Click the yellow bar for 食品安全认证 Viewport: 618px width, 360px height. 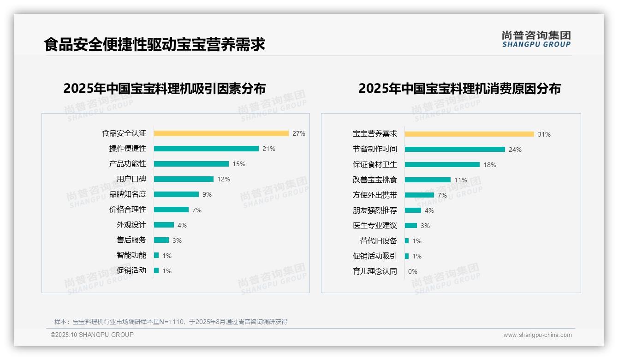[221, 133]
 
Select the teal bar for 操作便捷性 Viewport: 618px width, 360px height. [206, 149]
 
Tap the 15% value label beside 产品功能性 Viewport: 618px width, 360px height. [239, 164]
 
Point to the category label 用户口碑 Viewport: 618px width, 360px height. [131, 179]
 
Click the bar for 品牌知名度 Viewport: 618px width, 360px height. [176, 194]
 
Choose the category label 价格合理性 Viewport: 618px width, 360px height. [127, 210]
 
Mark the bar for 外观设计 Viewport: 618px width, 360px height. [164, 225]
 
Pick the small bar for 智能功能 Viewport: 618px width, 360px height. [156, 255]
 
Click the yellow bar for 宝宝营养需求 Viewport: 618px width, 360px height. [469, 134]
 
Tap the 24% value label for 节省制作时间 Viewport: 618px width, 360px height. [515, 150]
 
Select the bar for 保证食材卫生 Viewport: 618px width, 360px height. [442, 164]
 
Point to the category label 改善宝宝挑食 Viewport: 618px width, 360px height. [374, 180]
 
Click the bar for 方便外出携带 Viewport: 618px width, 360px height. [419, 195]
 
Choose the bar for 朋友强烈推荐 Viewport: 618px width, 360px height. [413, 210]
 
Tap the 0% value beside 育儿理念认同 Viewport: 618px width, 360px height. [412, 271]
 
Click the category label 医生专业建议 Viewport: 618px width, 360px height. [374, 226]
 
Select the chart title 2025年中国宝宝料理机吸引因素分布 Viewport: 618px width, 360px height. [164, 88]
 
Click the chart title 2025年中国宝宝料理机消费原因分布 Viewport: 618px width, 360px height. [459, 88]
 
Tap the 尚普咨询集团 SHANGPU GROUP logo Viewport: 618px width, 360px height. [536, 39]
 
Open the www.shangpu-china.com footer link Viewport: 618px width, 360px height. [537, 335]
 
